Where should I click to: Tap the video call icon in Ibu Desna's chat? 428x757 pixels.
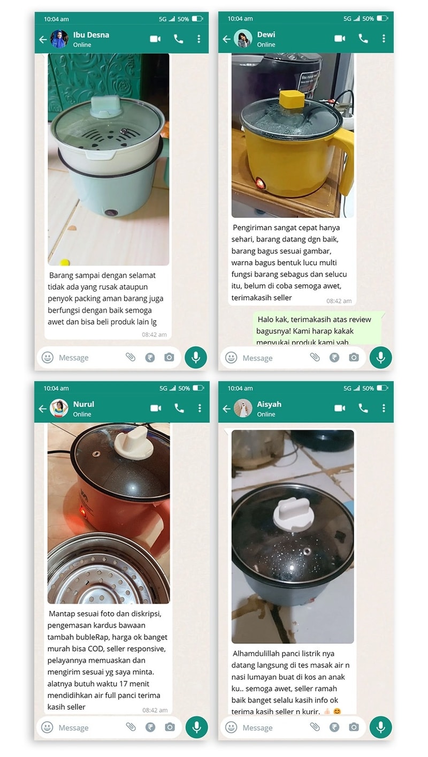pos(155,39)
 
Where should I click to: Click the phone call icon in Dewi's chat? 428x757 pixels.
pos(363,39)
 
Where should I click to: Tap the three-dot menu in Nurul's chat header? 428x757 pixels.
pos(200,408)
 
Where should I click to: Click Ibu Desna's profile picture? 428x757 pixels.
pos(59,39)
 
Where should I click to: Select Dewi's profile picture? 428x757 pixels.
pos(243,39)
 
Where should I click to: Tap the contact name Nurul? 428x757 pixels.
pos(83,404)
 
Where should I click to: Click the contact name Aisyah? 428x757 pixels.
pos(269,404)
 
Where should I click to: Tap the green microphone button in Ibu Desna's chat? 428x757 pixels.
pos(196,358)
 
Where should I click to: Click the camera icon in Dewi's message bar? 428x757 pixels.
pos(354,357)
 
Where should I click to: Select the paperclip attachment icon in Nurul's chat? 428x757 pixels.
pos(131,726)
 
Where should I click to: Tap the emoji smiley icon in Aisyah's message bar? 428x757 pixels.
pos(231,727)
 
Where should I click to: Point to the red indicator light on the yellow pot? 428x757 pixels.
pos(261,184)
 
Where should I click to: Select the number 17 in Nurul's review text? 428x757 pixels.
pos(123,683)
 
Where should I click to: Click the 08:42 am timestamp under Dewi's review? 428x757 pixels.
pos(339,301)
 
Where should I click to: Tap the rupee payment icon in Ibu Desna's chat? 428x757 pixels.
pos(150,357)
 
